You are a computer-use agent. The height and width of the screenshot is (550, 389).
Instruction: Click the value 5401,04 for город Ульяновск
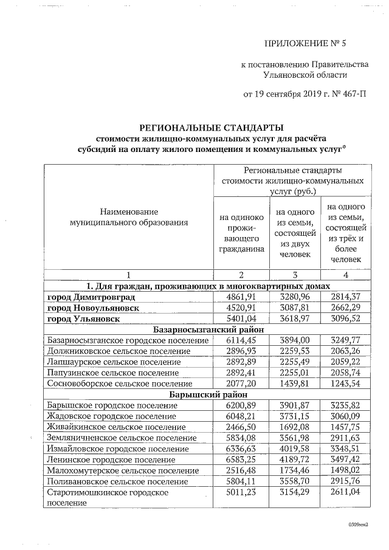coord(241,318)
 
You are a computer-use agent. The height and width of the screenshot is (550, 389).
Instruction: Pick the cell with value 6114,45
coord(241,340)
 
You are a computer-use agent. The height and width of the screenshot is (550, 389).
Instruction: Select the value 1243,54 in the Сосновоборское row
coord(346,383)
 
